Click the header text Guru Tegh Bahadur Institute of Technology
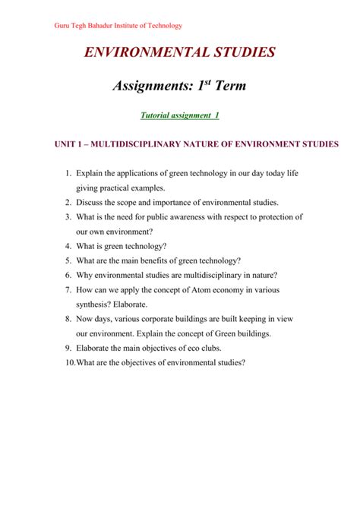pyautogui.click(x=117, y=26)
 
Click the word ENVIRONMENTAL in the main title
pyautogui.click(x=143, y=54)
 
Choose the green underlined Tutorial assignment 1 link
pyautogui.click(x=179, y=115)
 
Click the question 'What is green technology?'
pyautogui.click(x=121, y=246)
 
